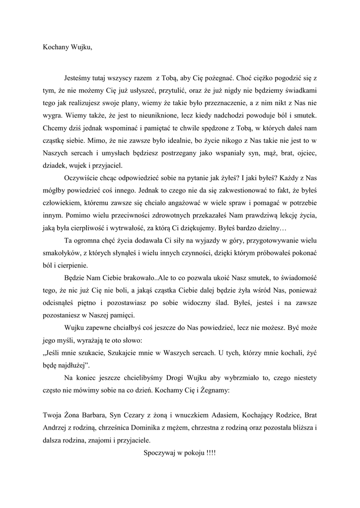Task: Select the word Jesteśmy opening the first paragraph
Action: click(x=79, y=79)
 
